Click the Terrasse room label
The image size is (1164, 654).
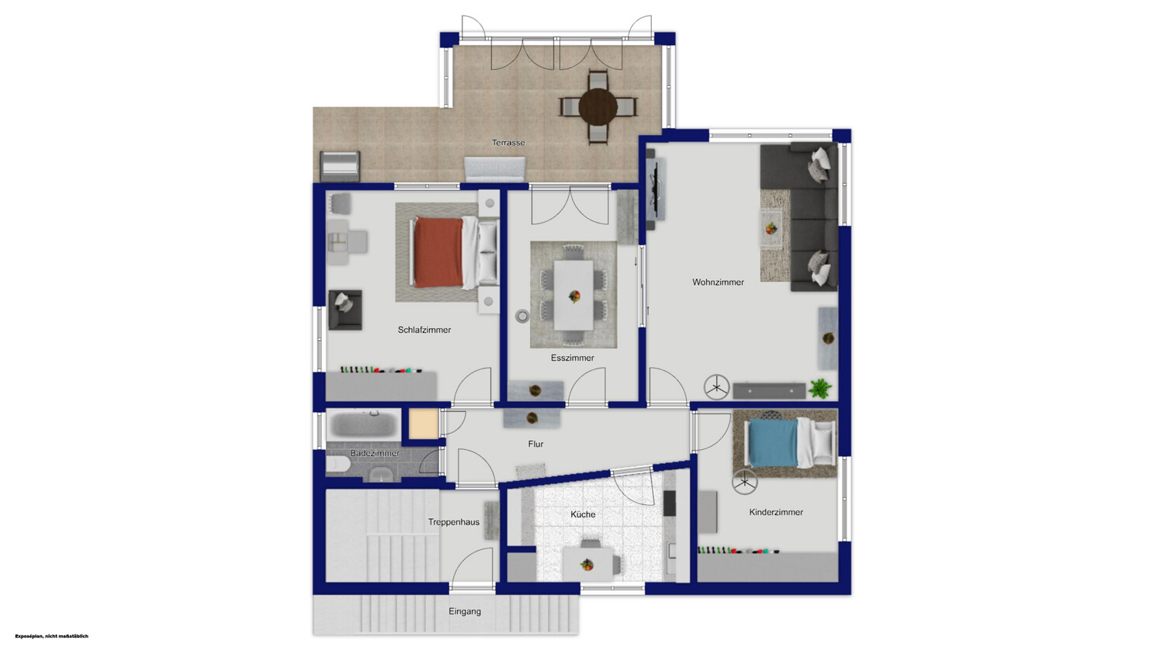click(x=508, y=142)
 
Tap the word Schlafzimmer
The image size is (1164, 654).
click(x=424, y=330)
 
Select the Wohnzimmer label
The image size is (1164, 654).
click(x=718, y=282)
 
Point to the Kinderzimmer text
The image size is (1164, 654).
click(x=776, y=512)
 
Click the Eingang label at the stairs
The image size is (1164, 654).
click(x=465, y=611)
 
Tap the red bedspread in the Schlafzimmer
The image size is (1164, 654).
click(x=438, y=252)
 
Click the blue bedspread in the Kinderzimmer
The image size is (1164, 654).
click(x=772, y=443)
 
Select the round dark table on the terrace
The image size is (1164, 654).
click(x=598, y=108)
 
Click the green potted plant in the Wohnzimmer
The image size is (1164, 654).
click(x=819, y=388)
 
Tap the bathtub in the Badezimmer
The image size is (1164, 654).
click(x=362, y=424)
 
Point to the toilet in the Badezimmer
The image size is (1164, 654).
click(x=338, y=463)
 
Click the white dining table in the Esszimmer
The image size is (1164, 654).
click(x=573, y=295)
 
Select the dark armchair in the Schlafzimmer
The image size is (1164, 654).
click(x=345, y=310)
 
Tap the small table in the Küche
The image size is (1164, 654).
click(x=587, y=563)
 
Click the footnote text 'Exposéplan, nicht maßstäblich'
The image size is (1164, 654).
click(x=51, y=636)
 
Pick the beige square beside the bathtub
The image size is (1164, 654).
click(x=424, y=424)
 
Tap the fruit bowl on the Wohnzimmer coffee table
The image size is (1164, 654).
click(x=770, y=228)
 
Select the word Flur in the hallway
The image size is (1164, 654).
click(x=535, y=444)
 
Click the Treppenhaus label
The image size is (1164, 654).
click(x=454, y=522)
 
